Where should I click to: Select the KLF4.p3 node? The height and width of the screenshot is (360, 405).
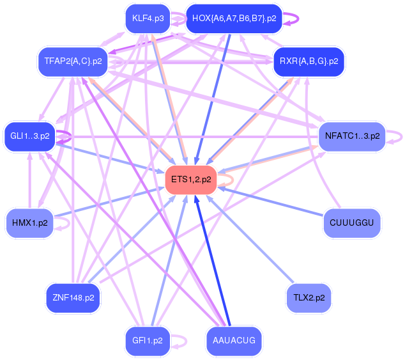point(148,19)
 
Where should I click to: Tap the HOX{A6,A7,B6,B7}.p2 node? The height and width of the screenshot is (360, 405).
point(234,19)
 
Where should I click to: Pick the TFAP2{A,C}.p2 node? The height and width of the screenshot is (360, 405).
point(72,61)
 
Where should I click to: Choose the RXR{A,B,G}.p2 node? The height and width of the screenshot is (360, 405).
point(309,61)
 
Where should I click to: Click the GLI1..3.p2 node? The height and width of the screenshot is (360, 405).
point(29,136)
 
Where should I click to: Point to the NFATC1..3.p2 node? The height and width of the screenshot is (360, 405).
point(352,136)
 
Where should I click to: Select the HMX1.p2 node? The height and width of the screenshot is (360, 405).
point(29,223)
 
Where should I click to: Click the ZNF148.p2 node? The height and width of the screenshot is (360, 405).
point(73,297)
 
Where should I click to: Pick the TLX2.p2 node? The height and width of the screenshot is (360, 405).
point(309,297)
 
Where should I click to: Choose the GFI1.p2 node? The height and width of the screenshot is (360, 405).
point(148,341)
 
